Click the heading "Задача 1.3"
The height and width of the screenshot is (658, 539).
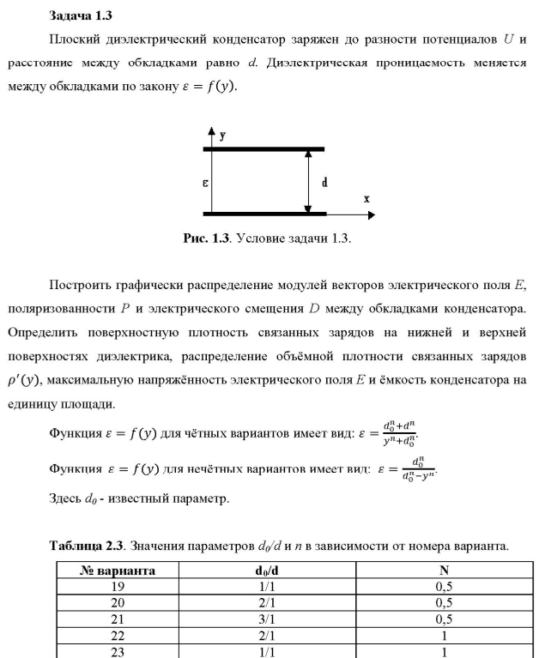81,15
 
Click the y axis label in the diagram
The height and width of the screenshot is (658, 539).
222,136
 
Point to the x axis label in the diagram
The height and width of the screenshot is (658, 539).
366,199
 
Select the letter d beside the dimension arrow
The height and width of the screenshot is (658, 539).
324,183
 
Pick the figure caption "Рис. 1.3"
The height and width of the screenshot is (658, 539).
206,238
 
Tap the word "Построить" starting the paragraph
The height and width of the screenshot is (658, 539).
82,284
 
